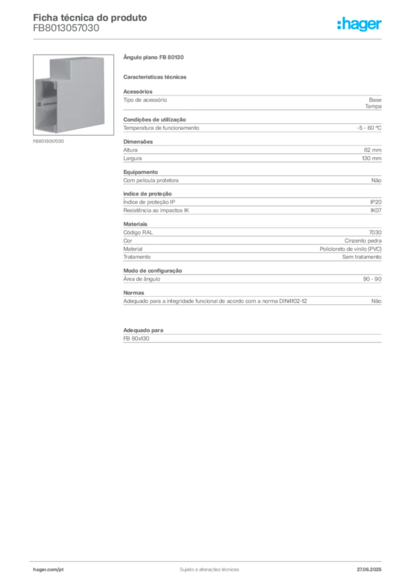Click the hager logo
point(359,24)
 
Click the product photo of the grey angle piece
point(73,95)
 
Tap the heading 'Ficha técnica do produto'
point(90,18)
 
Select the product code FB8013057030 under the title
point(66,28)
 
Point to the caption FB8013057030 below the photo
point(48,141)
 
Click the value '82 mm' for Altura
point(372,150)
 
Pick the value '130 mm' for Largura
point(371,158)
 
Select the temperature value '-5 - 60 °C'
point(369,128)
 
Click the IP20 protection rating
point(376,202)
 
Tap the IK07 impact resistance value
point(376,210)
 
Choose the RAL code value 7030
point(375,232)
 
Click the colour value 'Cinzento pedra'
point(363,241)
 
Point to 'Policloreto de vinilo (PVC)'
point(351,249)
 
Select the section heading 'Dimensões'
point(138,141)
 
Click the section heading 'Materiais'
point(135,224)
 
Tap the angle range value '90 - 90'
point(372,279)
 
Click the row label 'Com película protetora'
point(151,180)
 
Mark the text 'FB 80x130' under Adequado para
point(136,339)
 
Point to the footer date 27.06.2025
point(369,570)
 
